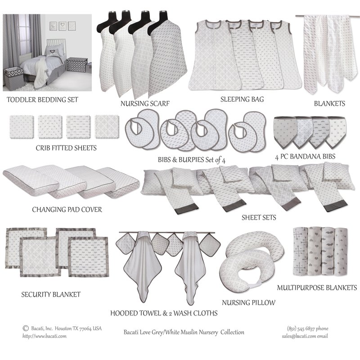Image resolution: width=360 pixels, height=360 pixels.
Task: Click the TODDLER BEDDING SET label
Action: click(x=42, y=100)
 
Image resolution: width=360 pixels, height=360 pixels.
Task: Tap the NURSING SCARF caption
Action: click(x=145, y=103)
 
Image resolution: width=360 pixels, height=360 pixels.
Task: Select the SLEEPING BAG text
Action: click(x=242, y=99)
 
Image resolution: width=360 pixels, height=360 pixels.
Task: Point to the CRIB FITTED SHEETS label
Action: click(x=66, y=148)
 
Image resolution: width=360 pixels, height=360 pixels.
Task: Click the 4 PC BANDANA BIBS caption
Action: click(x=305, y=157)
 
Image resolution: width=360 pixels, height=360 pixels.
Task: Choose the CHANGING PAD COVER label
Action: click(x=67, y=210)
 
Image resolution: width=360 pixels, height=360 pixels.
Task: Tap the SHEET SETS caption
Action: click(x=259, y=217)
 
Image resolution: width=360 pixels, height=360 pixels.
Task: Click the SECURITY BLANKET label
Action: click(x=51, y=295)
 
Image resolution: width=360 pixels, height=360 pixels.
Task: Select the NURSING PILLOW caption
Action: click(x=248, y=302)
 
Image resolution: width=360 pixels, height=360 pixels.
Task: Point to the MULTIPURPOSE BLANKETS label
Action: click(x=317, y=288)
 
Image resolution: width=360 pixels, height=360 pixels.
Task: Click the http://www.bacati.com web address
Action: click(x=44, y=336)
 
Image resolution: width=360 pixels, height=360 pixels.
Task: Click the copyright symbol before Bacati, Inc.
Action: click(x=26, y=328)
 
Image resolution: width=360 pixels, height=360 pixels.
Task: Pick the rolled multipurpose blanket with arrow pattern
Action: click(x=301, y=251)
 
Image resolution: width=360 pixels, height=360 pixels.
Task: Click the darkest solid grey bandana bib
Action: click(x=284, y=131)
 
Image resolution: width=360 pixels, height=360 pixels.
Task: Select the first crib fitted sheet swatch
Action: click(x=22, y=127)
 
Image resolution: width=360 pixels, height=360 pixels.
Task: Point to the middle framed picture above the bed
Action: click(x=63, y=26)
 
